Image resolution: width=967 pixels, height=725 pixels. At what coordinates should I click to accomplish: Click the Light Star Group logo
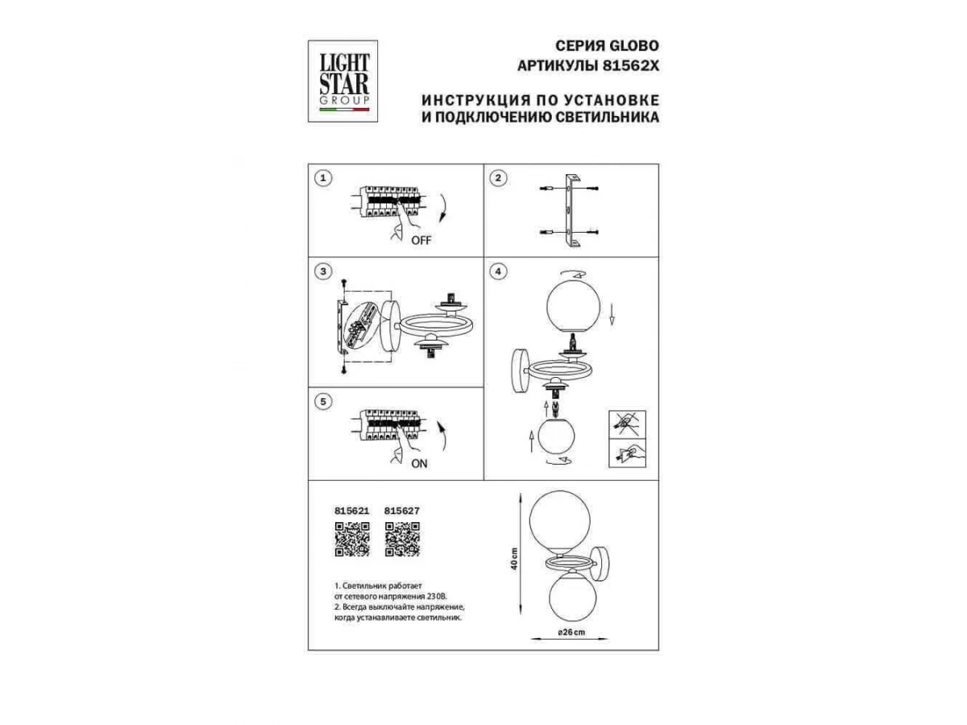[342, 81]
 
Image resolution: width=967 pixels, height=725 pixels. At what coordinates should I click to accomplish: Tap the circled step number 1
[323, 178]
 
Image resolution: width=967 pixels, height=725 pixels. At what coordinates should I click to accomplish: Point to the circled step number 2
[498, 178]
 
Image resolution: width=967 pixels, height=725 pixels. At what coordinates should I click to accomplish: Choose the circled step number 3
[323, 271]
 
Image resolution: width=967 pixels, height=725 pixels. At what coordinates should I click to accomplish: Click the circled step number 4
[498, 271]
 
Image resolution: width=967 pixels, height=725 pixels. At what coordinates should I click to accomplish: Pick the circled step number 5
[323, 402]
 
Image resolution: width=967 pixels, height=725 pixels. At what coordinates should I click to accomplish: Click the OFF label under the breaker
[421, 240]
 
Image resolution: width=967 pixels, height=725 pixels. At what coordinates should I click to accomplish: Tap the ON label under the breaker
[419, 464]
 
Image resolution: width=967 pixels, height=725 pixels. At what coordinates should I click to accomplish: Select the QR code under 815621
[352, 539]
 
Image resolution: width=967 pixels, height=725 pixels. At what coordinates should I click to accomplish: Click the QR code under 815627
[402, 539]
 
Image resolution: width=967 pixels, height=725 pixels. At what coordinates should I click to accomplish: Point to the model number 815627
[402, 511]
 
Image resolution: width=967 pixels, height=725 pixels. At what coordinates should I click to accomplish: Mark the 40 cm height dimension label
[514, 558]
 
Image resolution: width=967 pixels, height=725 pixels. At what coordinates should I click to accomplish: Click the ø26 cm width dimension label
[571, 632]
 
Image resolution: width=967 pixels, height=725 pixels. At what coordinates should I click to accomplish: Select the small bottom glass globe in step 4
[556, 435]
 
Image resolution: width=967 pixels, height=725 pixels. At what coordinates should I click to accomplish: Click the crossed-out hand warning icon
[627, 424]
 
